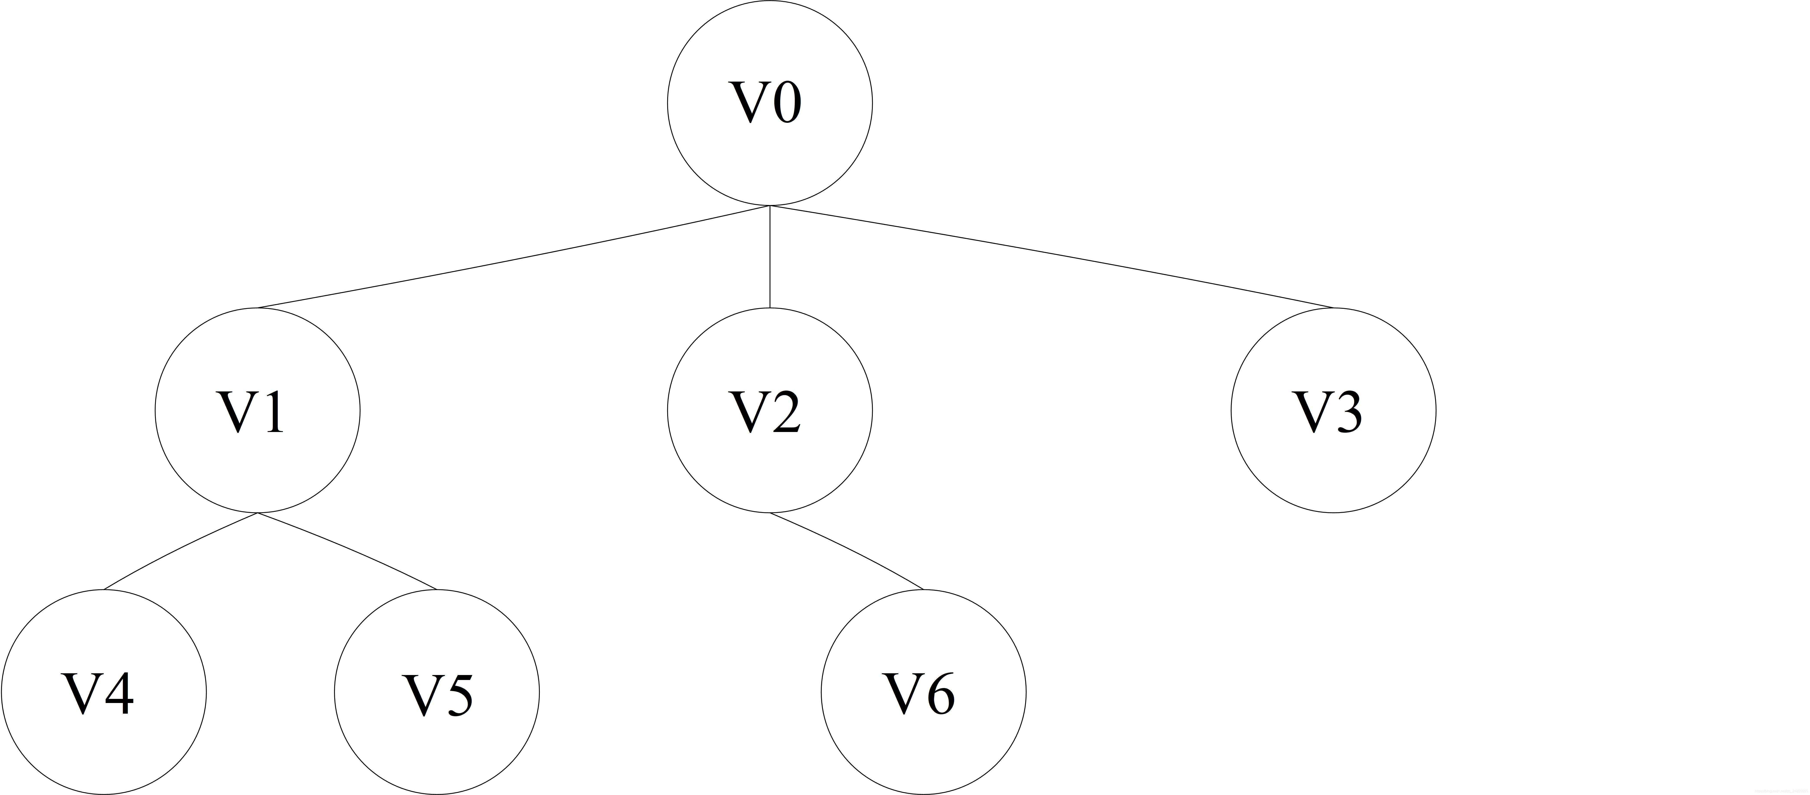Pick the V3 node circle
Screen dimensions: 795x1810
(1333, 411)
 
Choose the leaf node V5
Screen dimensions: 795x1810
(436, 692)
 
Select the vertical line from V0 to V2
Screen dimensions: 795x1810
(770, 257)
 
